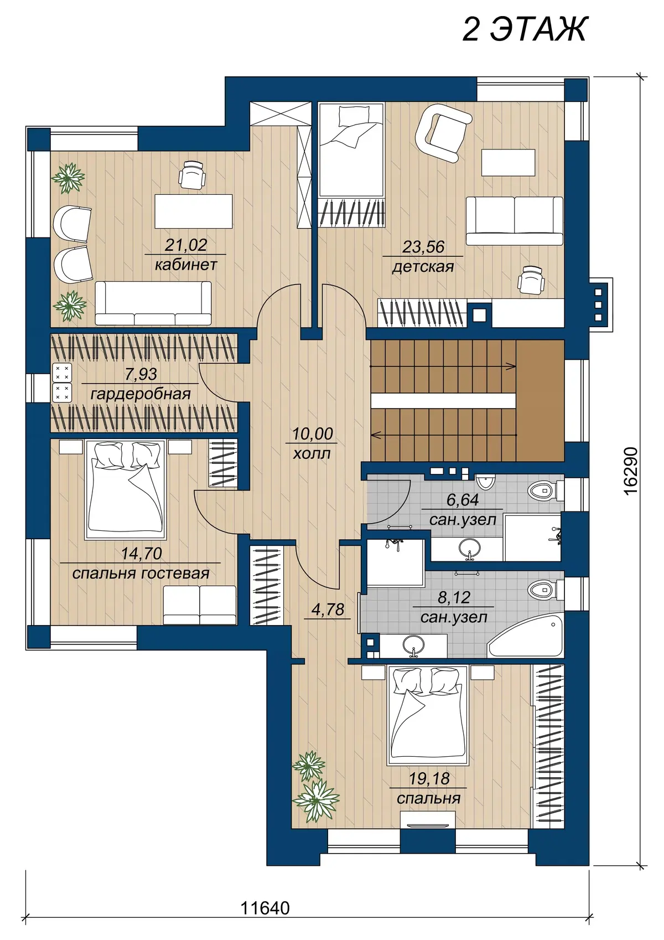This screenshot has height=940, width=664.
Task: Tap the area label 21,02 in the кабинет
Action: click(x=186, y=245)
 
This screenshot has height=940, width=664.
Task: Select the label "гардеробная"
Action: click(x=141, y=394)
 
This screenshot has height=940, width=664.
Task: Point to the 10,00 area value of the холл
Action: click(x=313, y=433)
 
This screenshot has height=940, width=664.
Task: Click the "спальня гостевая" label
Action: click(x=141, y=573)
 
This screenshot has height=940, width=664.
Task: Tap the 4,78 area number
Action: click(x=328, y=609)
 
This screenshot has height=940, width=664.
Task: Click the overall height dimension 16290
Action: click(x=630, y=471)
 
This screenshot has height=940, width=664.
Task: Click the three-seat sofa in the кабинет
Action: click(x=153, y=303)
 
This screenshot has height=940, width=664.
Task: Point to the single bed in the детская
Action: click(x=351, y=150)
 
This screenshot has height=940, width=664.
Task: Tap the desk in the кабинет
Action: click(x=193, y=211)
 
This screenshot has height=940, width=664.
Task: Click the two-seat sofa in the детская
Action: click(x=515, y=221)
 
